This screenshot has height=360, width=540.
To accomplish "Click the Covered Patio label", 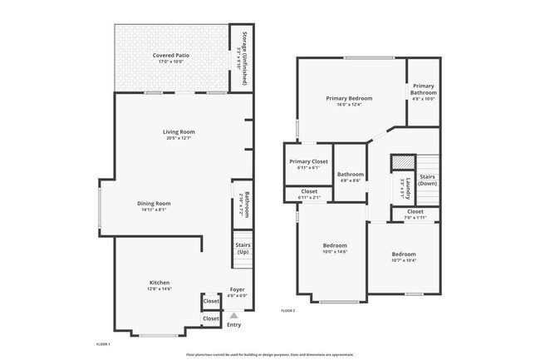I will pyautogui.click(x=171, y=55).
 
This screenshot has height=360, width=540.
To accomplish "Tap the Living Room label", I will pyautogui.click(x=179, y=131).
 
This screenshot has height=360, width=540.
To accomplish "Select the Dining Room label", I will pyautogui.click(x=154, y=204).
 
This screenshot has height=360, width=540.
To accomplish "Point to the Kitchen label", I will pyautogui.click(x=160, y=283).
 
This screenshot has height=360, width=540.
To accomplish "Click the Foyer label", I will pyautogui.click(x=238, y=290).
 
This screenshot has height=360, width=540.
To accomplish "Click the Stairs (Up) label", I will pyautogui.click(x=243, y=248).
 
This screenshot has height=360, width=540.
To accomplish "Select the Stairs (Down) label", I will pyautogui.click(x=428, y=180).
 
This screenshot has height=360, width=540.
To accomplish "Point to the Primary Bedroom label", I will pyautogui.click(x=348, y=98).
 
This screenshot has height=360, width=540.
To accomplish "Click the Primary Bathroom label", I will pyautogui.click(x=424, y=88).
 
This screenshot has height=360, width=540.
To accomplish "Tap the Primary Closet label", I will pyautogui.click(x=308, y=161).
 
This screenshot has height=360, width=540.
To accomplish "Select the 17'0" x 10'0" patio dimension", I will pyautogui.click(x=171, y=62).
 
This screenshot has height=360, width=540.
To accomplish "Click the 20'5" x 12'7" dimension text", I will pyautogui.click(x=179, y=138).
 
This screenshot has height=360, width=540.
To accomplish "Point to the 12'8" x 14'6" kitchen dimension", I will pyautogui.click(x=160, y=289).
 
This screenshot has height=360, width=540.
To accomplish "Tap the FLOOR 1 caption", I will pyautogui.click(x=104, y=343).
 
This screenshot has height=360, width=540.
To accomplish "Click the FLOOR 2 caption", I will pyautogui.click(x=288, y=310).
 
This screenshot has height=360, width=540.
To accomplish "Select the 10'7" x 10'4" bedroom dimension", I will pyautogui.click(x=404, y=260).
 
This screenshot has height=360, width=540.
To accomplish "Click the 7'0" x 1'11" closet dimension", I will pyautogui.click(x=414, y=218).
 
